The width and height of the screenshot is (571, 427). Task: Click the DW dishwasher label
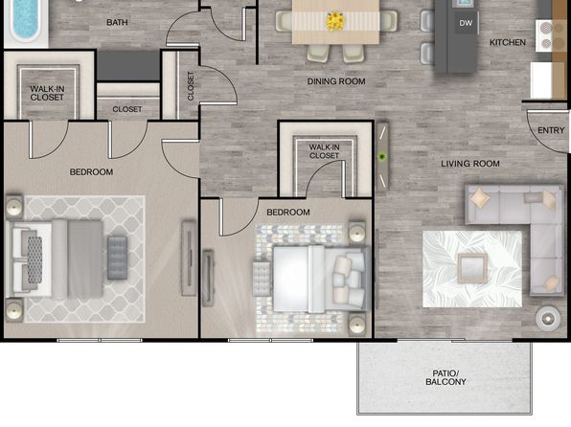(x=466, y=23)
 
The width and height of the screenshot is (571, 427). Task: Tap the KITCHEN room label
(x=508, y=42)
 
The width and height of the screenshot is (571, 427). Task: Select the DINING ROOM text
(x=336, y=81)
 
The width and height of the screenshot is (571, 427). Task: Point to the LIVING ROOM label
(x=470, y=164)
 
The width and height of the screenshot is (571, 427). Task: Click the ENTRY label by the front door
(x=551, y=130)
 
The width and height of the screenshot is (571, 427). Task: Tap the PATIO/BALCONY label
(x=445, y=377)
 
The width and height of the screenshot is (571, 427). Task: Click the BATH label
(x=117, y=23)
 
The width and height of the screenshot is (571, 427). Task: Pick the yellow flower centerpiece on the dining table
(x=335, y=21)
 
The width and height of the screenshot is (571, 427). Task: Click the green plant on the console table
(x=382, y=157)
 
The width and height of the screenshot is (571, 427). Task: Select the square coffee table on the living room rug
(x=472, y=268)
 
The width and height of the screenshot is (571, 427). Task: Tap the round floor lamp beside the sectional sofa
(x=548, y=319)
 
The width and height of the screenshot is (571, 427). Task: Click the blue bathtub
(x=26, y=21)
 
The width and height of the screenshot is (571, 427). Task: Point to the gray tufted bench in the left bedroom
(x=117, y=258)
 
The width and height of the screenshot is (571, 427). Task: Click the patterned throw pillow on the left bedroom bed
(x=34, y=259)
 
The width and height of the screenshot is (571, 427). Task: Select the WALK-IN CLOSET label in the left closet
(x=47, y=93)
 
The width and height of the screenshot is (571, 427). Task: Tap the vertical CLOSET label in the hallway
(x=191, y=85)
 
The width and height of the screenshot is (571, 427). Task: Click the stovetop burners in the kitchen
(x=546, y=35)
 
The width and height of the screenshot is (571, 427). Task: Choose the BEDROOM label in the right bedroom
(x=288, y=213)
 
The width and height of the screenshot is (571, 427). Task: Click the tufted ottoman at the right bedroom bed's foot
(x=262, y=279)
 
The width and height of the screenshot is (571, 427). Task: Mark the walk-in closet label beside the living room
(x=324, y=151)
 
